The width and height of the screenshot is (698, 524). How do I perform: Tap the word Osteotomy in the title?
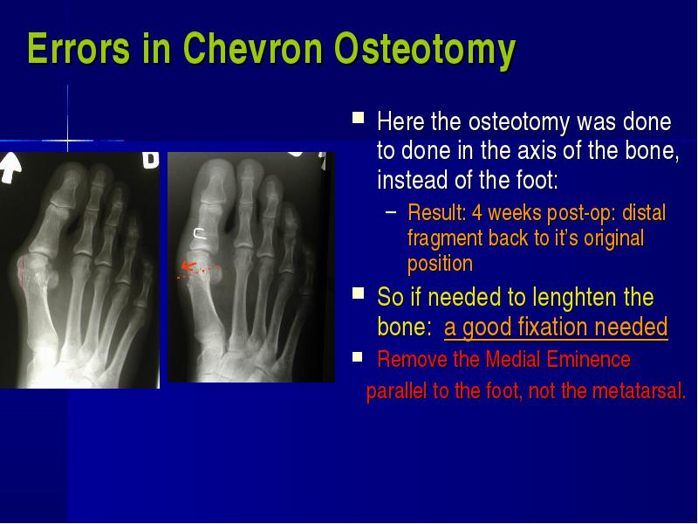coord(425,51)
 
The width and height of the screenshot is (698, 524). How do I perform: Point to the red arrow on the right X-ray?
coord(188,266)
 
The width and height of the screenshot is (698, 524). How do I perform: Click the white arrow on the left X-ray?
coord(10,168)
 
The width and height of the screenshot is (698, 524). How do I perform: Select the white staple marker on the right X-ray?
coord(200,233)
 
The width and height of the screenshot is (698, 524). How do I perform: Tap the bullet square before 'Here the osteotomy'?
coord(358,118)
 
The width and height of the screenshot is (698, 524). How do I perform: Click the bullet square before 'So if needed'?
coord(358,293)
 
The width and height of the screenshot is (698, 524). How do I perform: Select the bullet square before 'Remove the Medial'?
coord(358,356)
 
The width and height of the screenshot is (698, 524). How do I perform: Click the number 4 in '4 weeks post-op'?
coord(477,213)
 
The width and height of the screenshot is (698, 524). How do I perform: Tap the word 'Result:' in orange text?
coord(437,212)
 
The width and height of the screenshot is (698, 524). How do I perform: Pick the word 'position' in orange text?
coord(440,265)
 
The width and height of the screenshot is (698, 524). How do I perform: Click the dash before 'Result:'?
coord(391,212)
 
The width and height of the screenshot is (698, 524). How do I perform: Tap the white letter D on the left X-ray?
coord(150,160)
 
